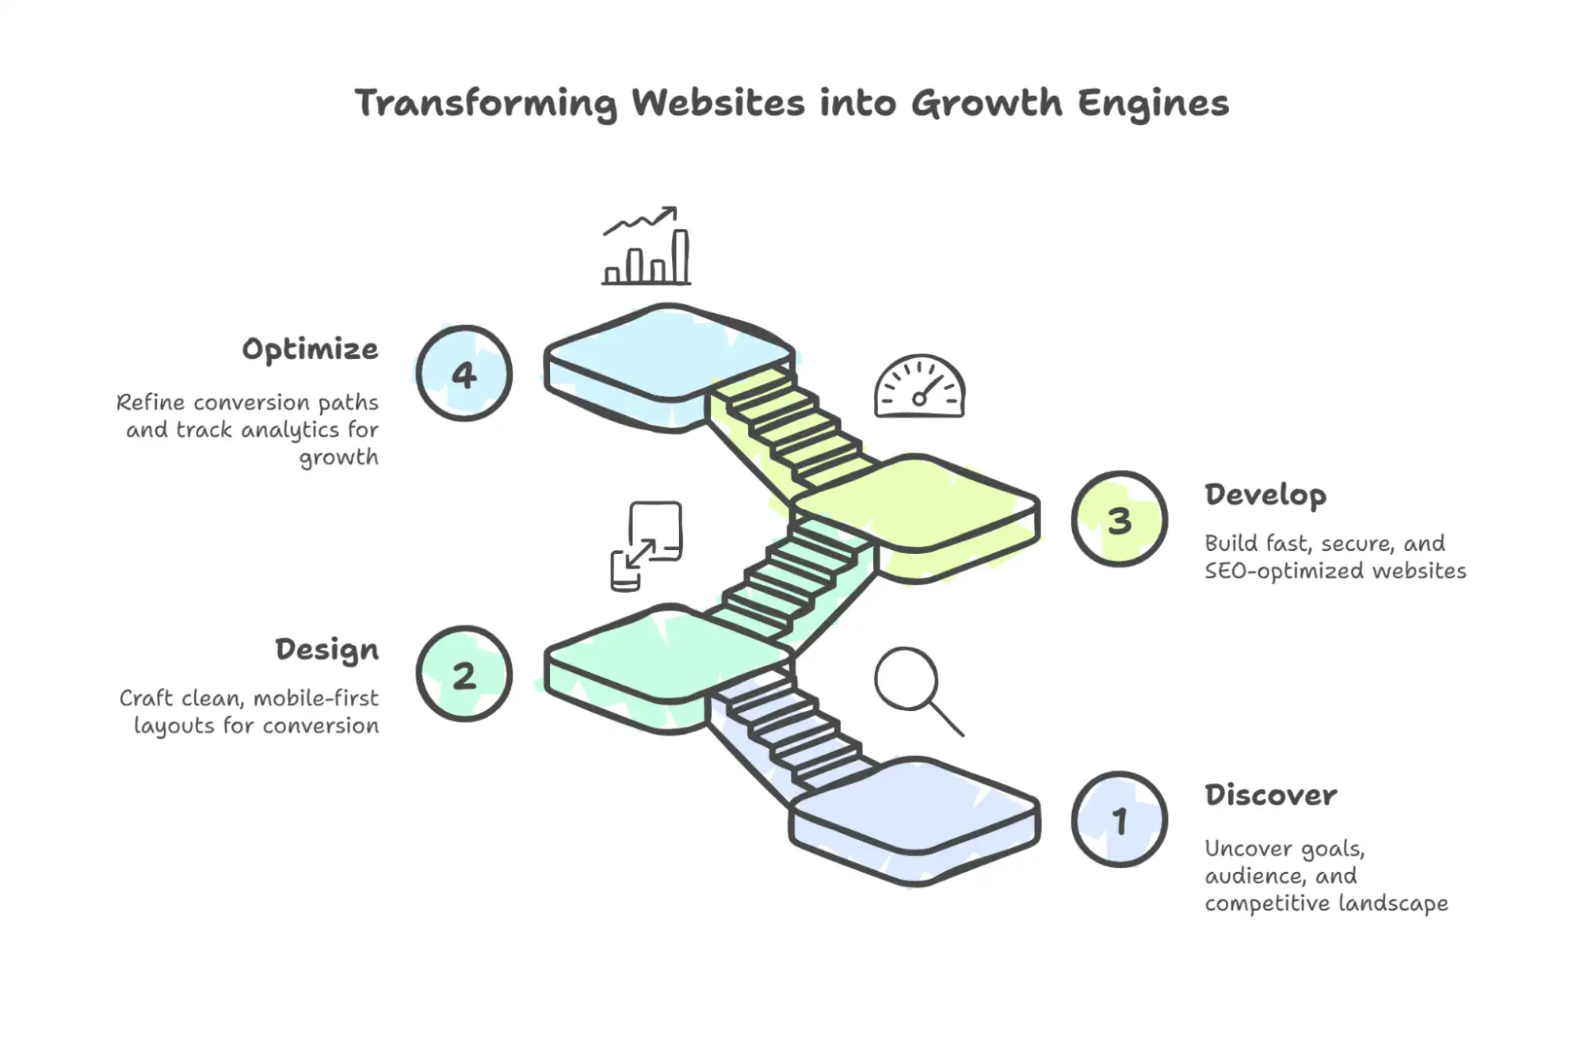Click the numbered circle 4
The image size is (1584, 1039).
464,373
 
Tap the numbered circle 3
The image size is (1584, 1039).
1119,520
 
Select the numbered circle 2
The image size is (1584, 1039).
464,674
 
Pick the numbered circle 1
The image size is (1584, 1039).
1119,820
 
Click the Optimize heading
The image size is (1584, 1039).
311,350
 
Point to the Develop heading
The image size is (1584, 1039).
1265,495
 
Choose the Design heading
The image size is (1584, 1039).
327,650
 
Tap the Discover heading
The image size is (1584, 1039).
1271,795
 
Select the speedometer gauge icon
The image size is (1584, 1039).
919,387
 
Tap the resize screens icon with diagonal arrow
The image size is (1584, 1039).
646,546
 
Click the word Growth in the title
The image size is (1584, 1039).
986,104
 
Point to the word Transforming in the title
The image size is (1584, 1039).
485,104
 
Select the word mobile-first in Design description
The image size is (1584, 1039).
315,699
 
